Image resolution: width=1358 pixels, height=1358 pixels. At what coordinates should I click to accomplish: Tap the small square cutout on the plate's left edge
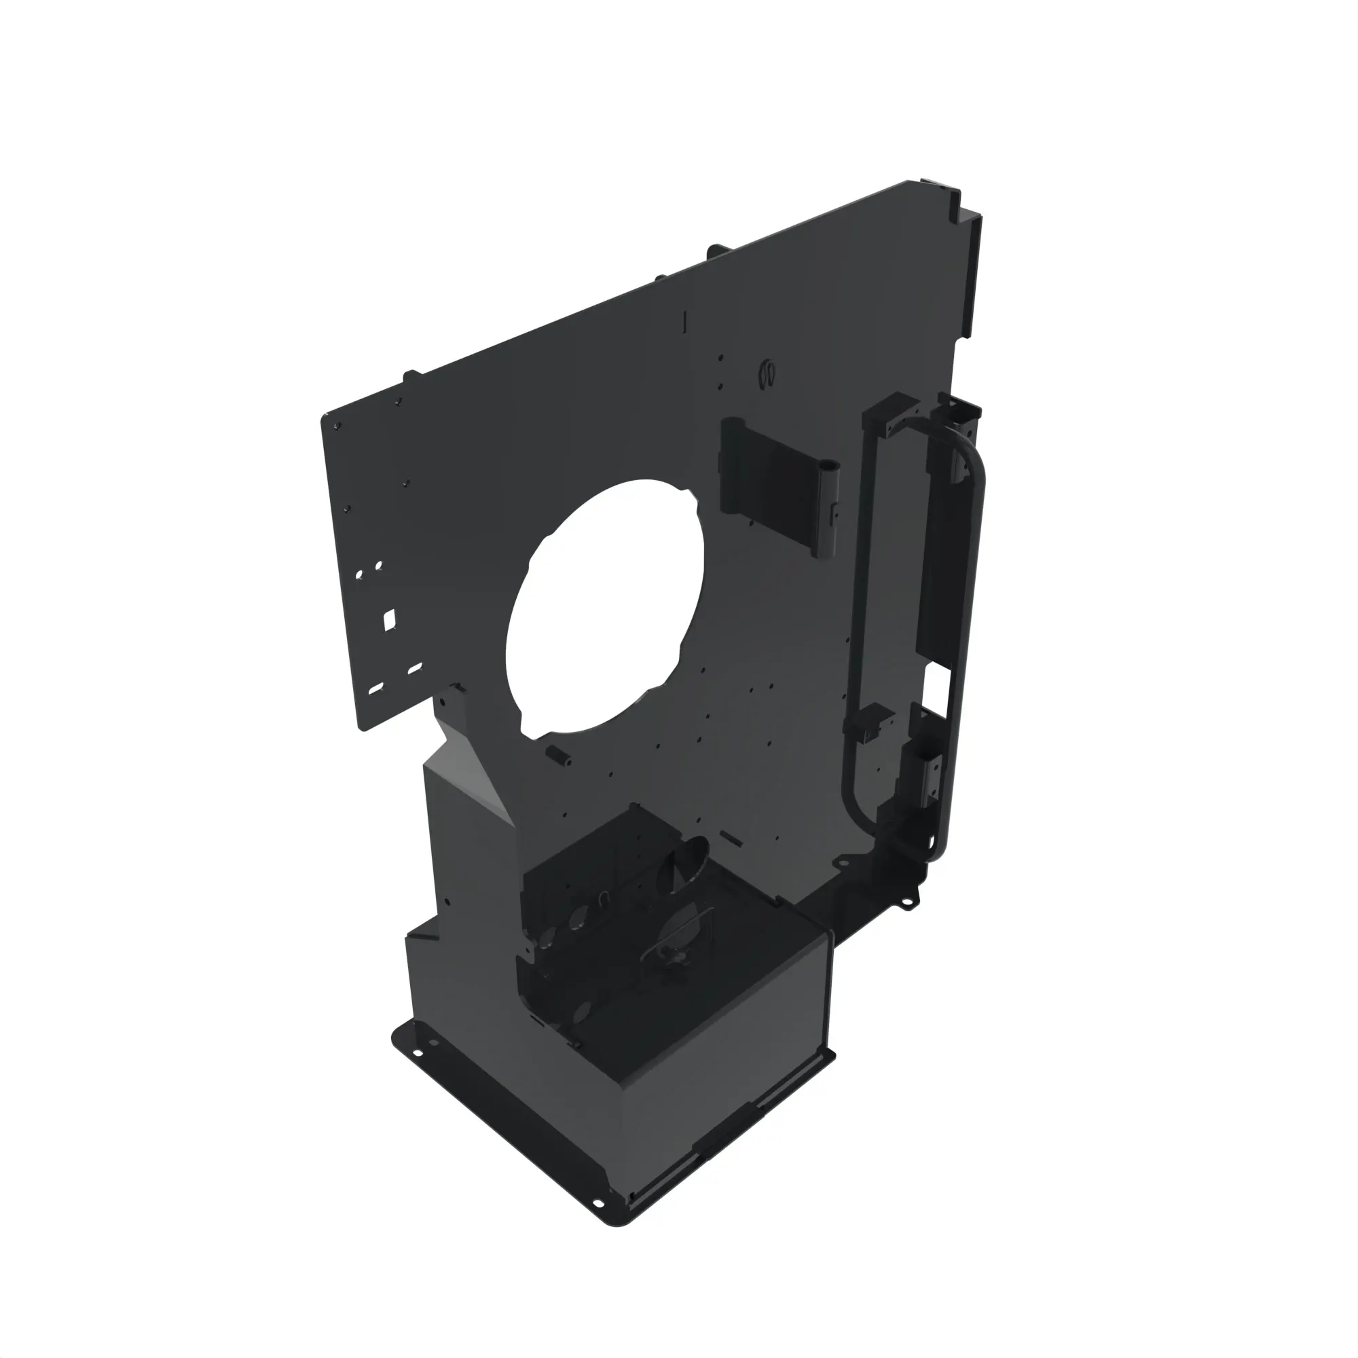[388, 619]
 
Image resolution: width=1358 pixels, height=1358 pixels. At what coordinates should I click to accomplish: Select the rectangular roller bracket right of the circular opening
[777, 485]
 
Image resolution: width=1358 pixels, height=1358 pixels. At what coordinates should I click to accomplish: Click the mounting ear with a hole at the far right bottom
[911, 903]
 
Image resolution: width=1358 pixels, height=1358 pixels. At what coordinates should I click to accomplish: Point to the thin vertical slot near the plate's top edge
[684, 321]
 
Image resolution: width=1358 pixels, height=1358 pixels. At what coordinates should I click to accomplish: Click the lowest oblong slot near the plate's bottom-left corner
[376, 688]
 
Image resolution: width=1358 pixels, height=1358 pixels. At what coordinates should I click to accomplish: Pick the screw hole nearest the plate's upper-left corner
[338, 426]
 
